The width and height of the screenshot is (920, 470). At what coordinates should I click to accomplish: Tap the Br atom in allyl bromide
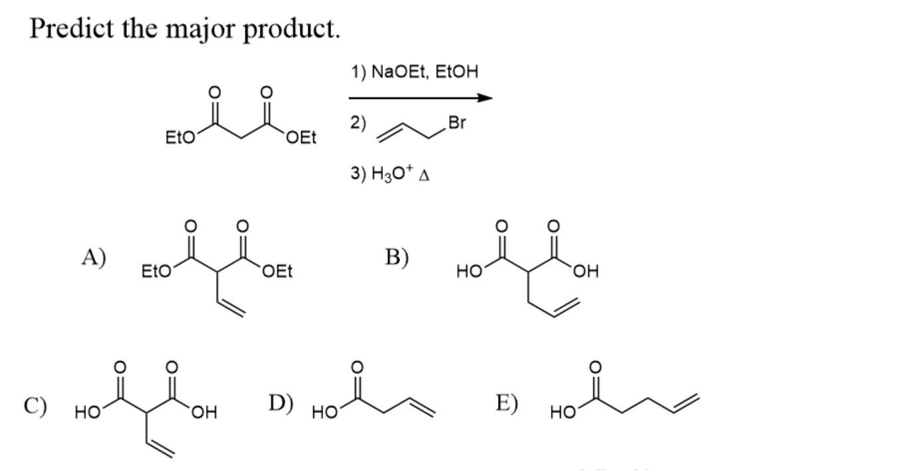click(457, 123)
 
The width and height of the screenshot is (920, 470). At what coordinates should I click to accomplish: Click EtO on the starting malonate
click(177, 139)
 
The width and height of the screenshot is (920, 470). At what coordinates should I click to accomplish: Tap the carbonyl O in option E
click(596, 366)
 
